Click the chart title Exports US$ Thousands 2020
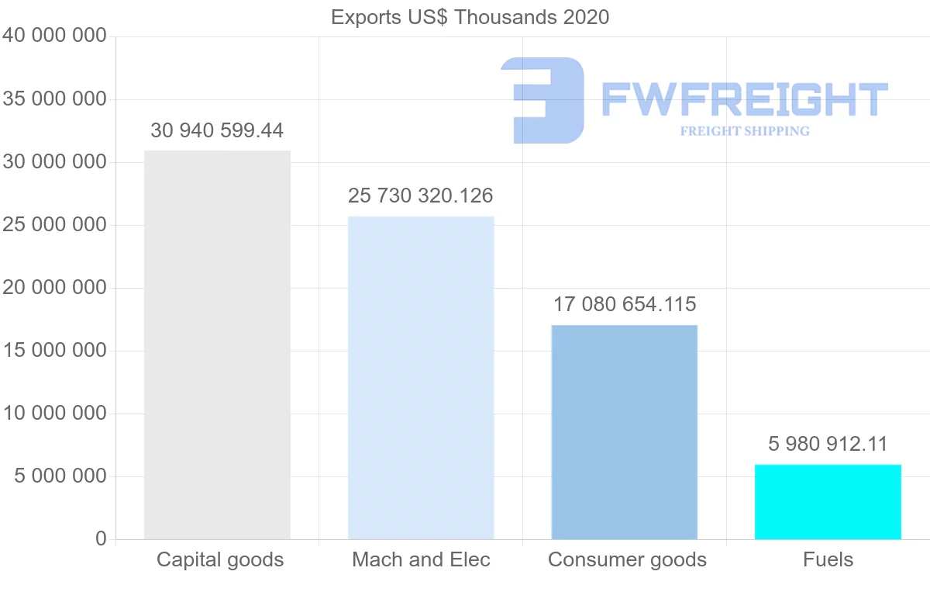point(470,17)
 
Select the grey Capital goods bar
point(217,344)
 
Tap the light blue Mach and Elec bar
point(421,377)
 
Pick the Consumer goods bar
point(624,431)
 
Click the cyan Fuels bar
point(828,501)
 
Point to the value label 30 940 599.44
point(217,130)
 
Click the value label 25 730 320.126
point(421,196)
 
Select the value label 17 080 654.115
point(624,304)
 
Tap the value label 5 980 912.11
point(828,444)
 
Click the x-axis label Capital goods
point(220,559)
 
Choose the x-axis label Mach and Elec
point(421,559)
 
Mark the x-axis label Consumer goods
point(627,559)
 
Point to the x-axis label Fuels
point(828,559)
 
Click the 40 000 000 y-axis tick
point(55,36)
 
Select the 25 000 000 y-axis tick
point(55,225)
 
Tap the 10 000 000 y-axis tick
point(55,414)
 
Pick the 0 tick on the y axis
point(101,538)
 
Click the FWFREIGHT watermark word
point(744,99)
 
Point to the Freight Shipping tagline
point(744,131)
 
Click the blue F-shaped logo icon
point(542,99)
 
